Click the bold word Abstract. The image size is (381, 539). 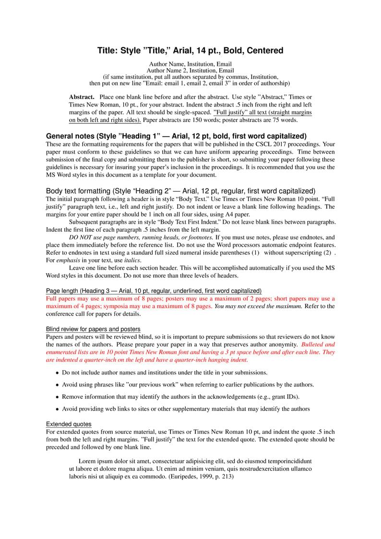82,97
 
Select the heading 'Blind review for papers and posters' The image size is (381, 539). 93,329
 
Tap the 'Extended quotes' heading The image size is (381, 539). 69,424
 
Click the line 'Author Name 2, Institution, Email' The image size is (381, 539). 190,71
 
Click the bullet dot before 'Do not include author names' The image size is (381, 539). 58,373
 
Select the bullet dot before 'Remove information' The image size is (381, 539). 58,397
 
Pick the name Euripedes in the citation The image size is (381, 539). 186,477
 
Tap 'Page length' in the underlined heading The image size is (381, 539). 62,291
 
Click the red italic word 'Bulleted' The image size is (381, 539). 314,345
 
